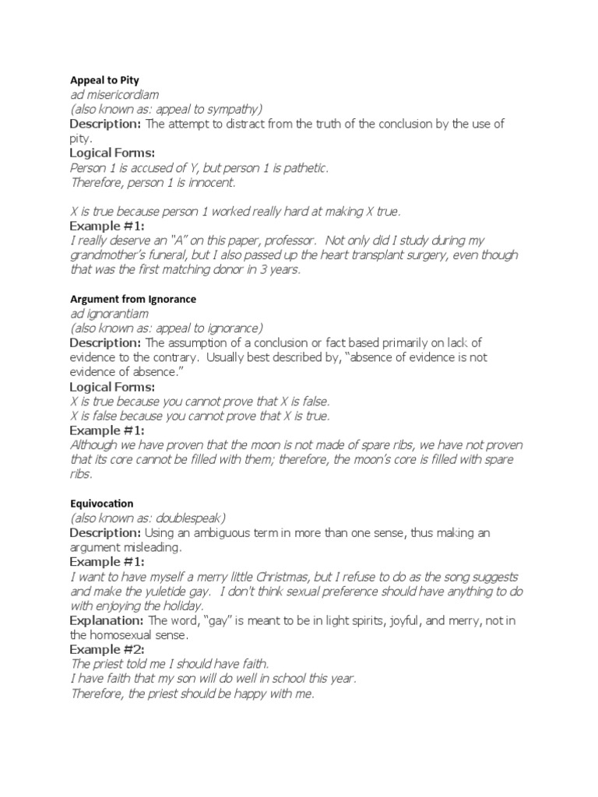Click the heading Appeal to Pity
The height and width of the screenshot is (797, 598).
click(104, 79)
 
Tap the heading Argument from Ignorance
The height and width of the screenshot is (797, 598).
click(132, 299)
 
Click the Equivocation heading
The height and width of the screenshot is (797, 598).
click(102, 504)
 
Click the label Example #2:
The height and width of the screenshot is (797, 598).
click(107, 649)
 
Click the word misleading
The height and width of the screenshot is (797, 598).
click(151, 548)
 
